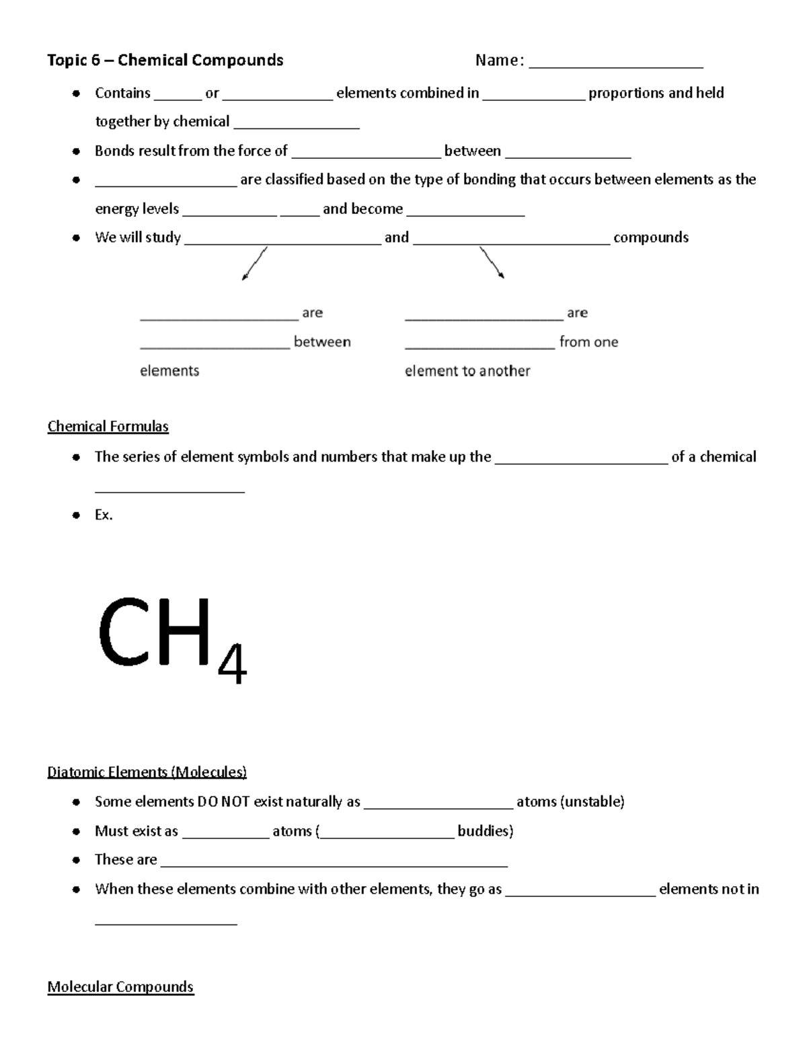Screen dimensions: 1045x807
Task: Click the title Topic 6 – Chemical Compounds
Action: click(x=165, y=61)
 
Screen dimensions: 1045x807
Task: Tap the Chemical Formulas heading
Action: click(x=108, y=427)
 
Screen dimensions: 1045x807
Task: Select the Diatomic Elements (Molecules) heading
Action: click(x=147, y=772)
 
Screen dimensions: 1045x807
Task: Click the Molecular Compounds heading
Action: click(x=120, y=986)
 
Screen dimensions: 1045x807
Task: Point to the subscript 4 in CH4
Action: click(x=233, y=664)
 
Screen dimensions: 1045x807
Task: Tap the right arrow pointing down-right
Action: click(x=492, y=262)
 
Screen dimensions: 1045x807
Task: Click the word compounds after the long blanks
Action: click(x=651, y=238)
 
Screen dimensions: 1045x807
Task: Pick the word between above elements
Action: click(x=322, y=342)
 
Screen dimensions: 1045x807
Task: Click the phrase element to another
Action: click(x=467, y=371)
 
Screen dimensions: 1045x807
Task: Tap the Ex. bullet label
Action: click(x=104, y=515)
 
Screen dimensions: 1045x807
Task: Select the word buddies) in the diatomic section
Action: click(x=485, y=831)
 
